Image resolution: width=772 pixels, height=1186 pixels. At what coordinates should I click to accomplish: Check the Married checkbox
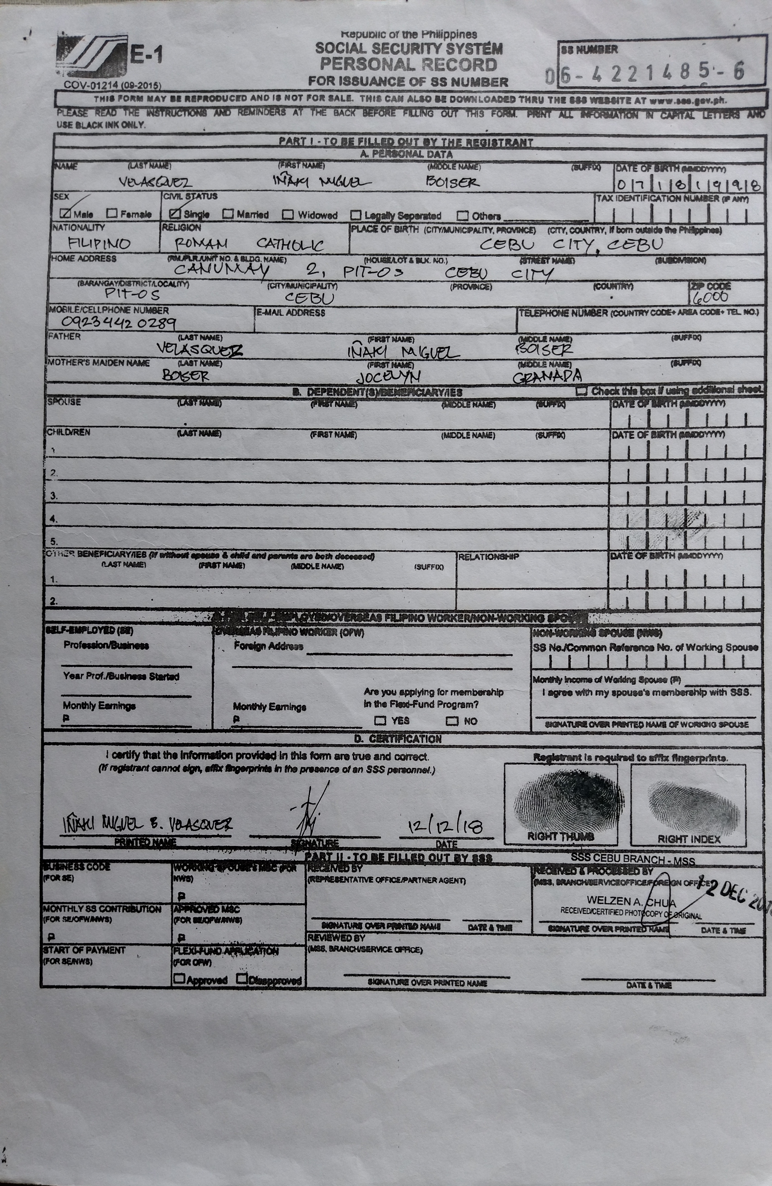[x=228, y=214]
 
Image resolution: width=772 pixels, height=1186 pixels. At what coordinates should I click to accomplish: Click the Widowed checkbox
[x=288, y=215]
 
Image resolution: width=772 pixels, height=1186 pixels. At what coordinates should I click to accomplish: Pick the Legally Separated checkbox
[x=355, y=215]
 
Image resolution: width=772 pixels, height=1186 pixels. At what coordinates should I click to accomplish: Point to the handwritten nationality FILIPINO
[x=99, y=244]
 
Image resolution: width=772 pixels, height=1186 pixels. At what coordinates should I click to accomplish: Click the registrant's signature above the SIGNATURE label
[x=312, y=815]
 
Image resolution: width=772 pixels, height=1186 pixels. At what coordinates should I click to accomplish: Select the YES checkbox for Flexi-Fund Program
[x=380, y=720]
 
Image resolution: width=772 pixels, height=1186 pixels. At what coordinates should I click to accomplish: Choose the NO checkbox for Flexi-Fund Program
[x=452, y=721]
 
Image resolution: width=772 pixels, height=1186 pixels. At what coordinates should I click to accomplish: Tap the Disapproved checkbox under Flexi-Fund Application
[x=242, y=979]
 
